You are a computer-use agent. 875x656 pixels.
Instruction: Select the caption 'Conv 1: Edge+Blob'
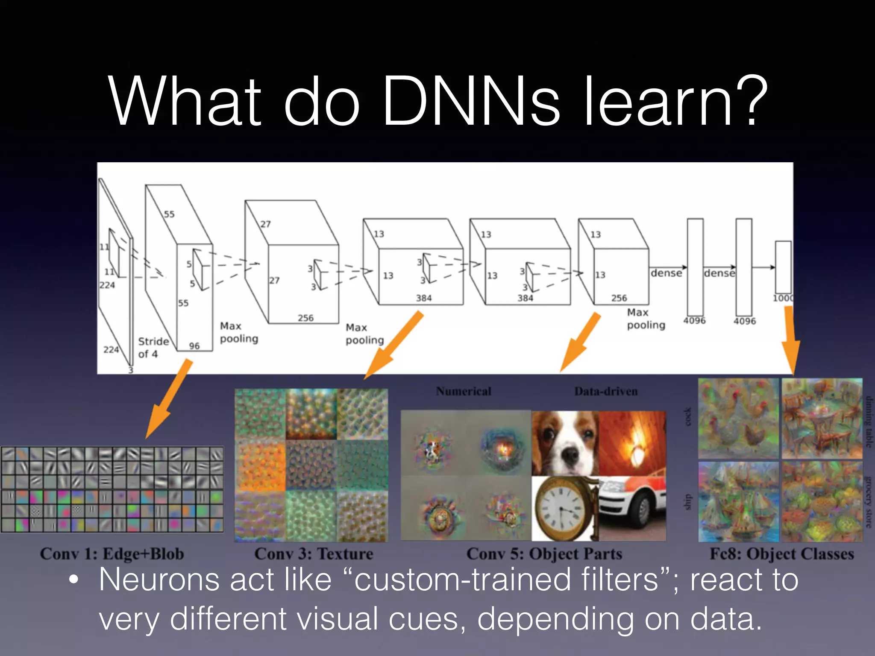pos(112,554)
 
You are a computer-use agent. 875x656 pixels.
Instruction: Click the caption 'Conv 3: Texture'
pos(314,554)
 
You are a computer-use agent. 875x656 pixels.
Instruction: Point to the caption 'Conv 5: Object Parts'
pos(544,554)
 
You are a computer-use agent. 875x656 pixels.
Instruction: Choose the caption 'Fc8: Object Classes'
pos(781,554)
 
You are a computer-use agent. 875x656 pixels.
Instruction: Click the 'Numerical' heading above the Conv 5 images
pos(464,391)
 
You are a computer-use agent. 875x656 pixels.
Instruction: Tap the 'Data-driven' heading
pos(606,391)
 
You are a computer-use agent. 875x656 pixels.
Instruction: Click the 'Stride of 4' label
pos(153,348)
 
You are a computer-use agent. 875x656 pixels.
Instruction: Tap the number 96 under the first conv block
pos(194,346)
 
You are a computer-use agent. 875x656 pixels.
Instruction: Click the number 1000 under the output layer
pos(783,298)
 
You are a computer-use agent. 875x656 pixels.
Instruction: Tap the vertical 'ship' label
pos(687,502)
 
